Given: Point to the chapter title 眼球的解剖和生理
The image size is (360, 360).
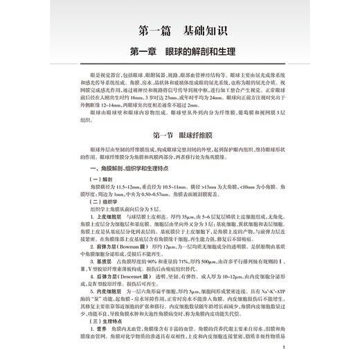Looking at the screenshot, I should tap(204, 53).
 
